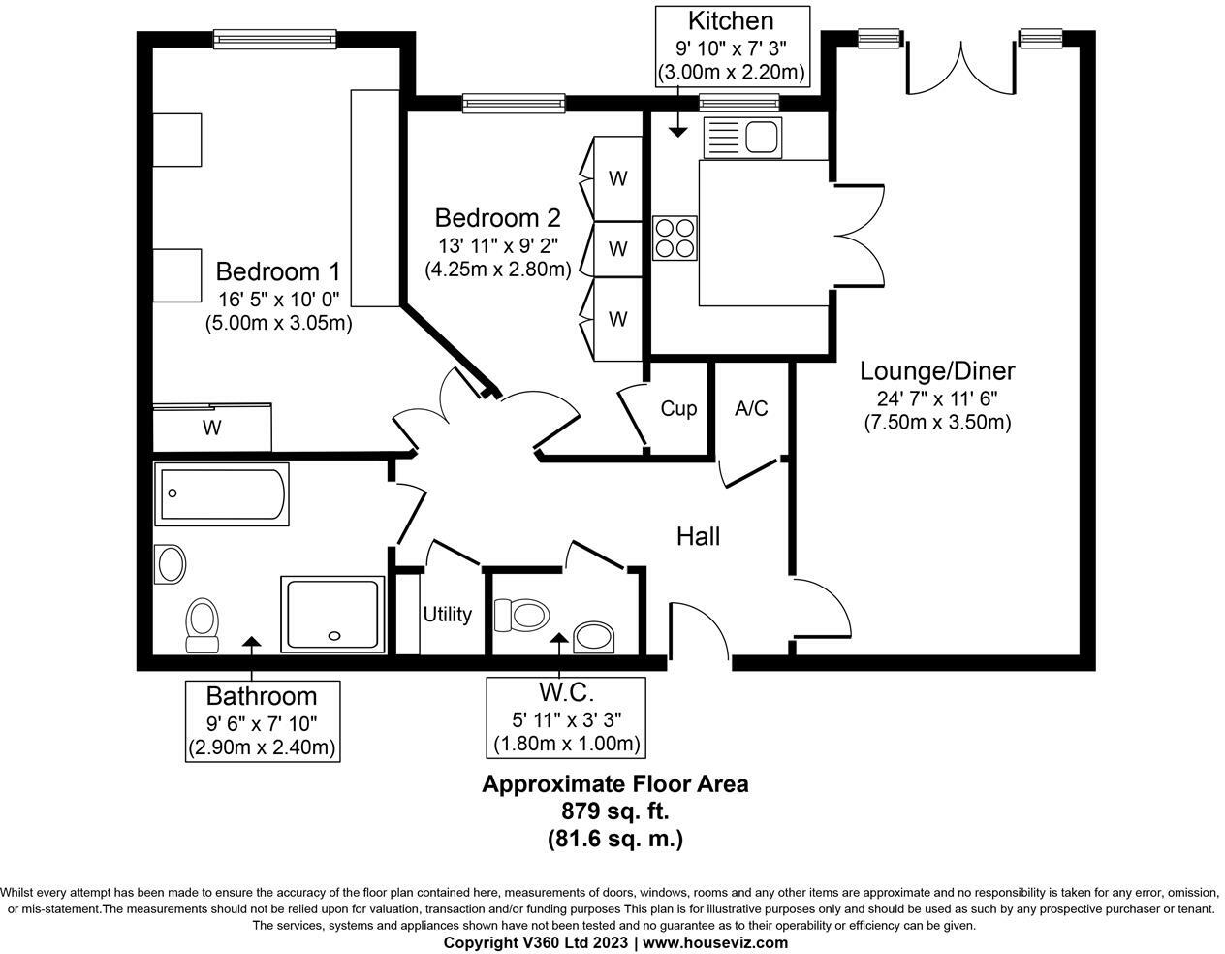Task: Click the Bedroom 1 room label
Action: [277, 271]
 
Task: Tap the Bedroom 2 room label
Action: [497, 217]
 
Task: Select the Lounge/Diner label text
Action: [937, 371]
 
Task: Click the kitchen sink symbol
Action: [741, 137]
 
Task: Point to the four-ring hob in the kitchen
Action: [675, 238]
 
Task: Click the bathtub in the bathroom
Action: [222, 493]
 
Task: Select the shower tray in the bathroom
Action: [330, 615]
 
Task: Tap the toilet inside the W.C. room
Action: [521, 615]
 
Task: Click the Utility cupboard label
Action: [447, 615]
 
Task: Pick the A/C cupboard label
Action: [751, 409]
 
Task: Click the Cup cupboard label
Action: [678, 409]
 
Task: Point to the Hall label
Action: [698, 536]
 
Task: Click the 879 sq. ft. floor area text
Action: [614, 811]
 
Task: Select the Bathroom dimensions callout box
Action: [262, 720]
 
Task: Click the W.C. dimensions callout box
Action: [566, 717]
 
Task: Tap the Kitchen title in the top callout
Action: [730, 21]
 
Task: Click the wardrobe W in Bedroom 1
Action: [211, 428]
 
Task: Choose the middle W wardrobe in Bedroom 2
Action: [617, 249]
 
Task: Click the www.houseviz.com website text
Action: [715, 942]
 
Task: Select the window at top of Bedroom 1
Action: [275, 39]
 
